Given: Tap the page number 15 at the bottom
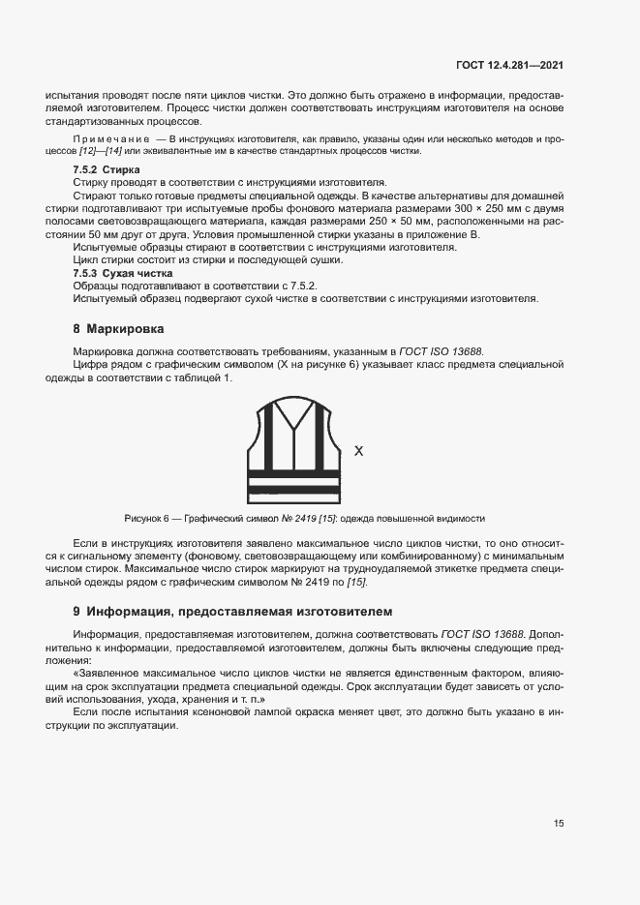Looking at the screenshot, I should (559, 824).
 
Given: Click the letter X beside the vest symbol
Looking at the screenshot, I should (358, 451).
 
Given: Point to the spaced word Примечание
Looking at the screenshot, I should (114, 141).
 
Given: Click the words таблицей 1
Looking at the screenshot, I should (204, 377).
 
